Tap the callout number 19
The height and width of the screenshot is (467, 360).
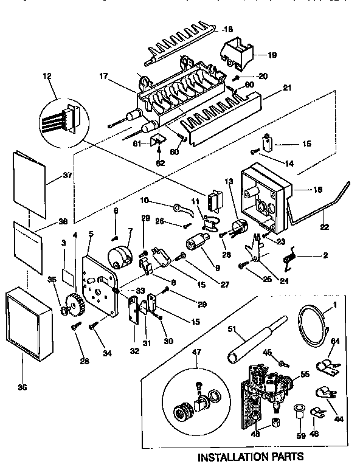[272, 55]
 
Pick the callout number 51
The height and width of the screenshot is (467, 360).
[232, 330]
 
